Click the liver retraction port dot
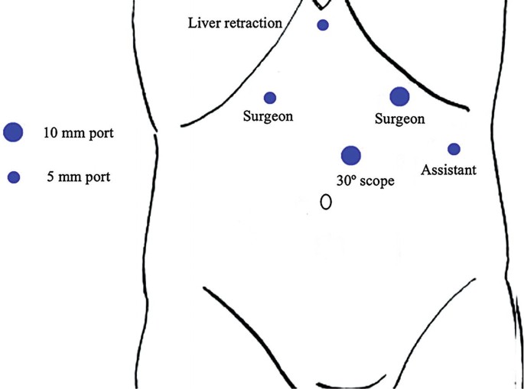323,25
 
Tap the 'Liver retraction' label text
236,23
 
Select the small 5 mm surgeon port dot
270,98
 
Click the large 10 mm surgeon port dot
399,96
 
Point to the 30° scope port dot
350,156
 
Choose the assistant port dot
454,149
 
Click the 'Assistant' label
449,170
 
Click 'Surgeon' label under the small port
269,117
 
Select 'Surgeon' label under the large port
399,119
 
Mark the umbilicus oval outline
326,203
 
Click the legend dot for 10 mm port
13,132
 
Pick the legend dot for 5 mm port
13,177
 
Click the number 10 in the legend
50,134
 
